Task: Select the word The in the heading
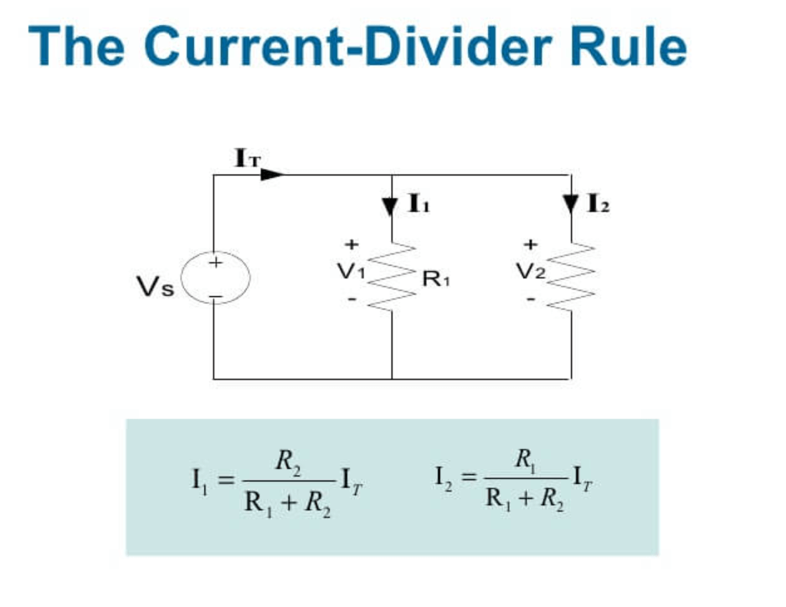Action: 79,47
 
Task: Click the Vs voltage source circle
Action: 215,279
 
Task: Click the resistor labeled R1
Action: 393,276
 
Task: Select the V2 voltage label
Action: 531,271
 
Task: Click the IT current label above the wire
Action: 246,156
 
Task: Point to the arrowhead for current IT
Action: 273,175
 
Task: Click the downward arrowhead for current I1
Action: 392,206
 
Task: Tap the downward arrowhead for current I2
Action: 571,205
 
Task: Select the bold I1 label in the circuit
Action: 419,203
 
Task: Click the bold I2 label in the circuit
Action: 598,203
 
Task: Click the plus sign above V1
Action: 352,244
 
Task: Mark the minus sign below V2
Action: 530,298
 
